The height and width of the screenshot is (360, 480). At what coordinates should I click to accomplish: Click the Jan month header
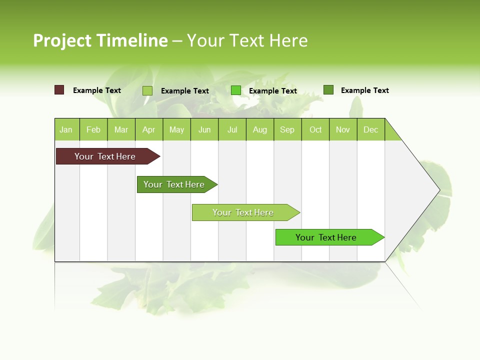click(x=66, y=129)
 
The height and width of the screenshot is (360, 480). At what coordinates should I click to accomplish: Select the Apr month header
click(x=149, y=129)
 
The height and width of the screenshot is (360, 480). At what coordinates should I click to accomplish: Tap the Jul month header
click(x=232, y=129)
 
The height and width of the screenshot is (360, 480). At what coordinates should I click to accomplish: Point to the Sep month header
click(x=287, y=129)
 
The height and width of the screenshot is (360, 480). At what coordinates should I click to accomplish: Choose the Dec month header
click(x=371, y=129)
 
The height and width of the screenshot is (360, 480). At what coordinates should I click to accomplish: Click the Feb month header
click(x=93, y=129)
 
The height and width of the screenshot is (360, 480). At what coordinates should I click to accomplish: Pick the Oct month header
click(x=315, y=129)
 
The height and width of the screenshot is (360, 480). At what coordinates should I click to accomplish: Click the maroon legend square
click(x=59, y=90)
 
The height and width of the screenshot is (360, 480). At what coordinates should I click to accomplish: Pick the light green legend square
click(x=147, y=90)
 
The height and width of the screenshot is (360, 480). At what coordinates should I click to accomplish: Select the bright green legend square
click(x=236, y=90)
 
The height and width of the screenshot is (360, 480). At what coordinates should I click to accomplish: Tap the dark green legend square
click(x=328, y=90)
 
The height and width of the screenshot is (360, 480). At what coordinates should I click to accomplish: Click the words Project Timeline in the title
click(x=100, y=40)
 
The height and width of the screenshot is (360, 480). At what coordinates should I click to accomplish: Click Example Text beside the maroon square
click(x=97, y=90)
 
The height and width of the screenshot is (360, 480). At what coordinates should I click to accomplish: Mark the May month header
click(x=176, y=129)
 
